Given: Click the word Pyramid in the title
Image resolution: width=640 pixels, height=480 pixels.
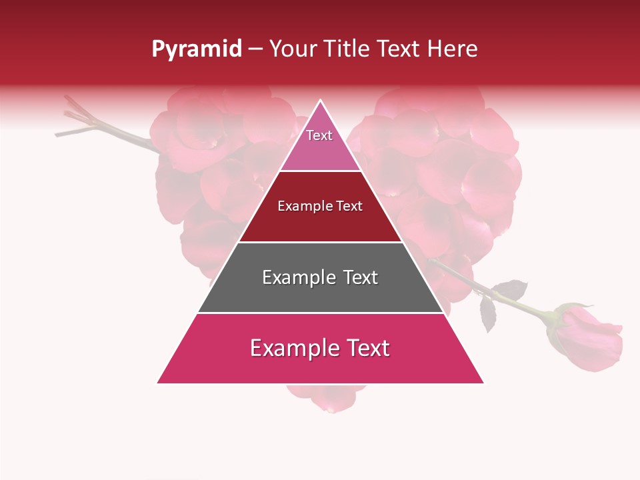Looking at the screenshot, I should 197,49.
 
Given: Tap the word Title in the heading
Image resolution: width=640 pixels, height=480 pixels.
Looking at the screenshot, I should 348,49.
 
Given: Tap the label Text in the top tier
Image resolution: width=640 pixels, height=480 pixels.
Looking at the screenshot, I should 319,135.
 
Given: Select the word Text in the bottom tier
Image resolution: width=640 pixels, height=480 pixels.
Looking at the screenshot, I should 367,348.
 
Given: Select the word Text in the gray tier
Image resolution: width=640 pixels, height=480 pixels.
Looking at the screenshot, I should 360,277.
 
